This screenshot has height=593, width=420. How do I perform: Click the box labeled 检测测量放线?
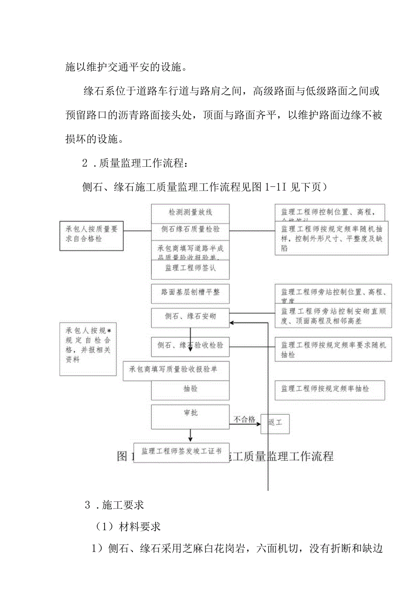(190, 212)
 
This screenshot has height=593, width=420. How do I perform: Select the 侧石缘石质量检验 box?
(190, 229)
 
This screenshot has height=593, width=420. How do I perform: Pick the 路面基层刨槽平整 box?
(190, 292)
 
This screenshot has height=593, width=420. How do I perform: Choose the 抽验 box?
(190, 389)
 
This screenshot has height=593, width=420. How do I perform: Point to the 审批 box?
(190, 413)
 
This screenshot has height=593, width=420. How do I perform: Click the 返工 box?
(275, 423)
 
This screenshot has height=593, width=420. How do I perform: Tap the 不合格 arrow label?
(245, 419)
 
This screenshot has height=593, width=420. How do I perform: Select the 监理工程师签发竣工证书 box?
(181, 452)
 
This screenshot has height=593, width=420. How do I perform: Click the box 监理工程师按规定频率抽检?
(330, 390)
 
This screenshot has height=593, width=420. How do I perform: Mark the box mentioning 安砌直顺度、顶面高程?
(333, 315)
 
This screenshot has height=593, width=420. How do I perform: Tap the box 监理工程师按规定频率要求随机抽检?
(333, 349)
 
